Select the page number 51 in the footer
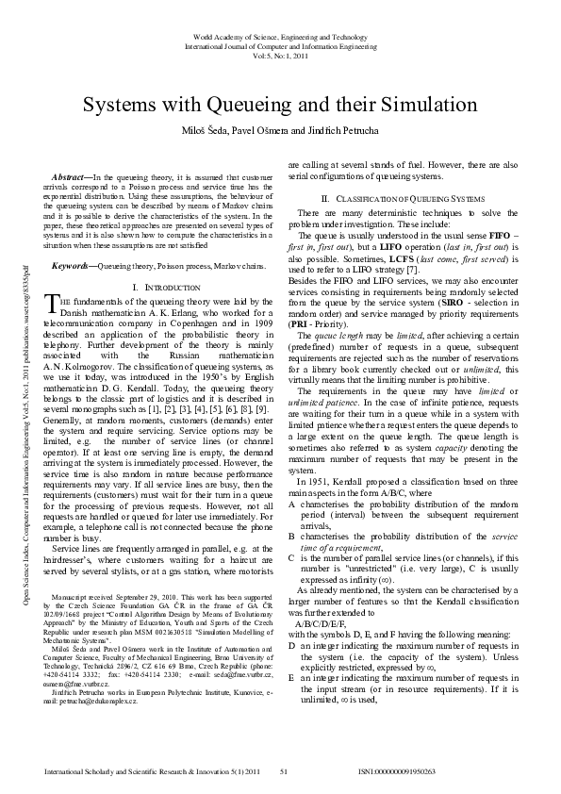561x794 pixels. coord(282,771)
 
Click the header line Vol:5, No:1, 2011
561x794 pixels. coord(280,56)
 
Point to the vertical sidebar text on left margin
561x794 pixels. coord(22,397)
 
